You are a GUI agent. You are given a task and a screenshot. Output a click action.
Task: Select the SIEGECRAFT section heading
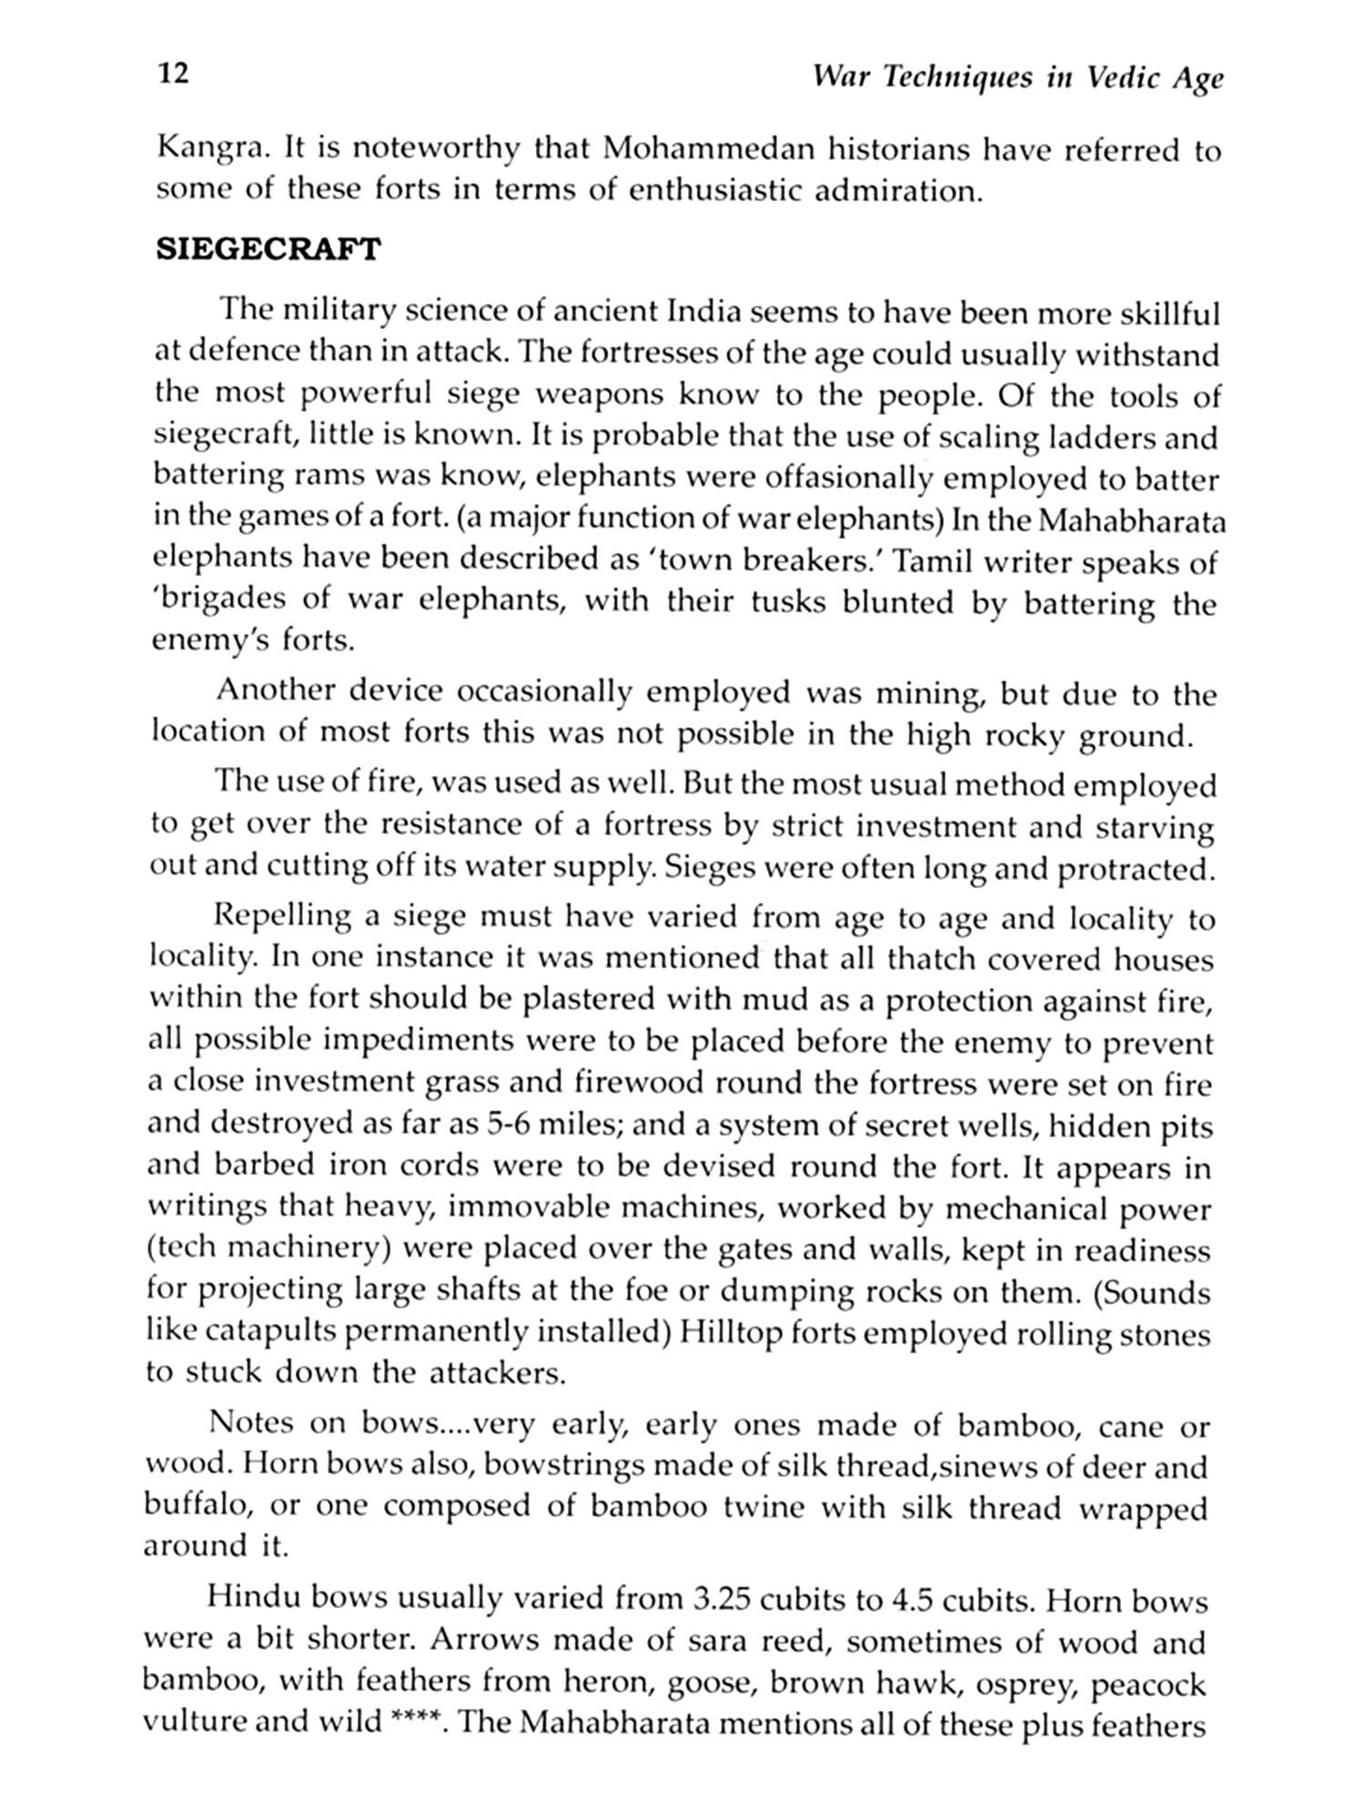268,249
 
